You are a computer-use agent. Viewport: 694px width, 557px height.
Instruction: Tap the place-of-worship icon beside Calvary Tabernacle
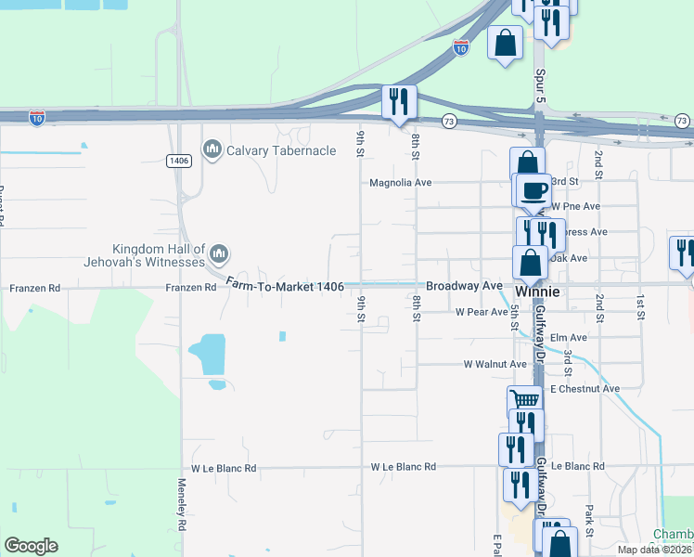(x=212, y=149)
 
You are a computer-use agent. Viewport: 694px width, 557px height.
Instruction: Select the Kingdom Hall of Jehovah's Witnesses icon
(x=220, y=253)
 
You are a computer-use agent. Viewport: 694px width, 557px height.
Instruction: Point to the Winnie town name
(x=538, y=291)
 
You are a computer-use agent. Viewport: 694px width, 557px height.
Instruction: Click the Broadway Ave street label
(x=464, y=286)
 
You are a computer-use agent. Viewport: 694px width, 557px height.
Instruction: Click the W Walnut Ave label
(x=495, y=365)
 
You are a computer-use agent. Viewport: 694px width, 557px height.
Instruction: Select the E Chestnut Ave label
(x=585, y=389)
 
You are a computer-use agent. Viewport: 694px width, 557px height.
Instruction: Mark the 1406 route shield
(x=179, y=161)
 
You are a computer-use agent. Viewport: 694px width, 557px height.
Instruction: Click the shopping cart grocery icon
(x=524, y=400)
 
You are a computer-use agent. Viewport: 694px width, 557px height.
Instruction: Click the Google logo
(x=31, y=546)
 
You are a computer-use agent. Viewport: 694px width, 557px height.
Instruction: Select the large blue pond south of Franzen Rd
(x=209, y=355)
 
